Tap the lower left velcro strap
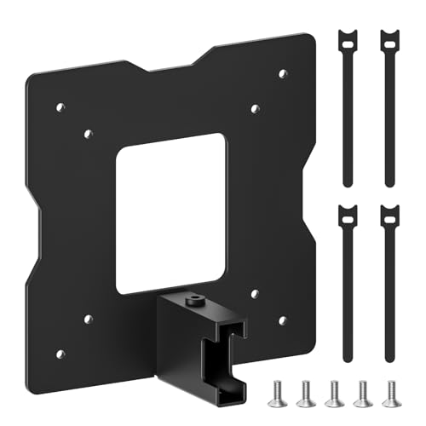click(348, 281)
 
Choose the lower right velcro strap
click(389, 281)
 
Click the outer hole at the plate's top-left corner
click(60, 107)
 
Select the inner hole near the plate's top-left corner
click(88, 132)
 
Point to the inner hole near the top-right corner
click(256, 108)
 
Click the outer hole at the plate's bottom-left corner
click(59, 352)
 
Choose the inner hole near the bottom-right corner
click(255, 292)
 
